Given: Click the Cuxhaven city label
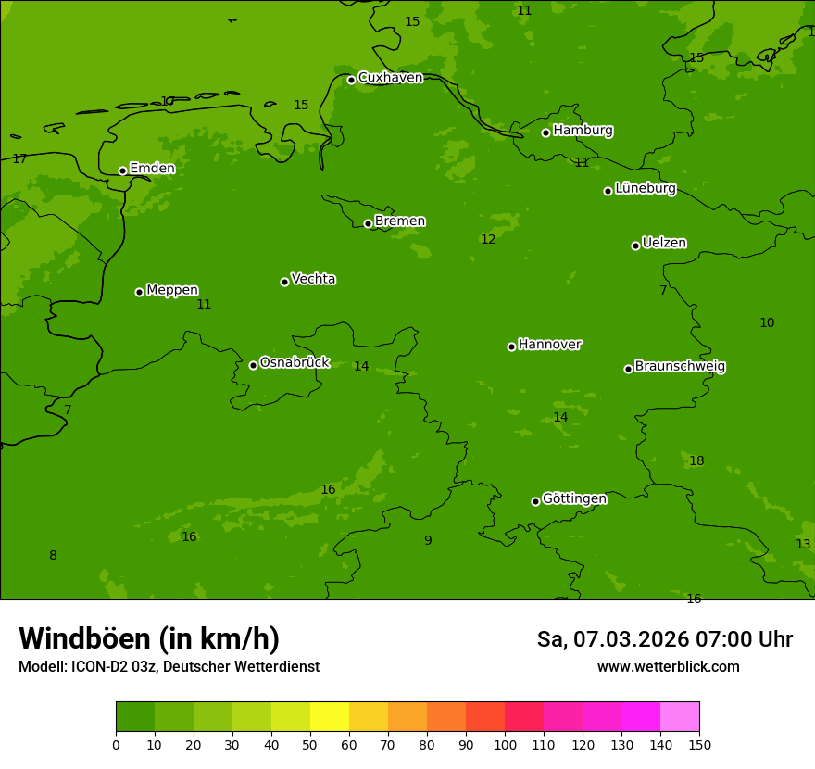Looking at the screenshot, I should (x=390, y=78).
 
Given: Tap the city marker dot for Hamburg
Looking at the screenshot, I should (x=546, y=132).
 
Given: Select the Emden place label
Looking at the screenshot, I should (x=152, y=169).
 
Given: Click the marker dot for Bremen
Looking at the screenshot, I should (x=368, y=223).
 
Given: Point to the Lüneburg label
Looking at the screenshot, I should (x=646, y=189).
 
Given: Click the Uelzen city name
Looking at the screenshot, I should (x=664, y=244).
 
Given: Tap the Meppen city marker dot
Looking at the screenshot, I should (x=139, y=292).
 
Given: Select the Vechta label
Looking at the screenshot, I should (x=313, y=280).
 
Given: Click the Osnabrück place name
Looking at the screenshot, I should (x=295, y=363).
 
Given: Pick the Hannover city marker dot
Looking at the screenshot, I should (x=511, y=347).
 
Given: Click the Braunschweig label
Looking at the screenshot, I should (x=680, y=367).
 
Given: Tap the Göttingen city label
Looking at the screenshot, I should (x=574, y=499).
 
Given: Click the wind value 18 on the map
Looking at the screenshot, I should (x=696, y=461).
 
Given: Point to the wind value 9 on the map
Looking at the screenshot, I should (x=428, y=541).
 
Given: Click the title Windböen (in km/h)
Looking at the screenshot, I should (x=149, y=638).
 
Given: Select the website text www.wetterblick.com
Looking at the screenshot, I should (x=668, y=667).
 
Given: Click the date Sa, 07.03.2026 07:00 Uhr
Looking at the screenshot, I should (x=664, y=639).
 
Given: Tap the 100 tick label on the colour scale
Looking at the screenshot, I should (x=505, y=744).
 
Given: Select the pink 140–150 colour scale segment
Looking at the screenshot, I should (x=680, y=717).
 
